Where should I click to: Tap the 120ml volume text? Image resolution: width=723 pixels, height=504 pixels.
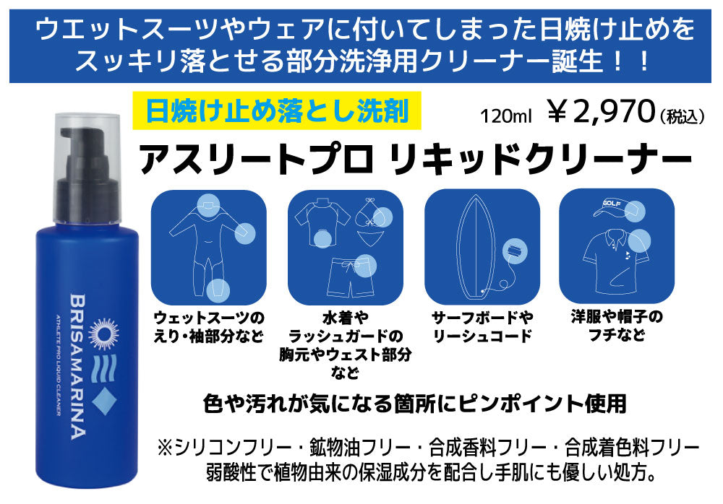[506, 116]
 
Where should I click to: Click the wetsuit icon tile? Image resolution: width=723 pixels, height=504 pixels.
[209, 247]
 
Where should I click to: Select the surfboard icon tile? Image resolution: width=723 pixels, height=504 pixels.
[482, 247]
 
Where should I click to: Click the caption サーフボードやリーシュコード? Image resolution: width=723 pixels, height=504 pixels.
[482, 327]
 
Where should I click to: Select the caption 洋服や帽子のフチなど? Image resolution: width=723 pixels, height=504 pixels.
[617, 326]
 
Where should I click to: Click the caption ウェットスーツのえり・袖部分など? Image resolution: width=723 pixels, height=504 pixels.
[209, 327]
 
